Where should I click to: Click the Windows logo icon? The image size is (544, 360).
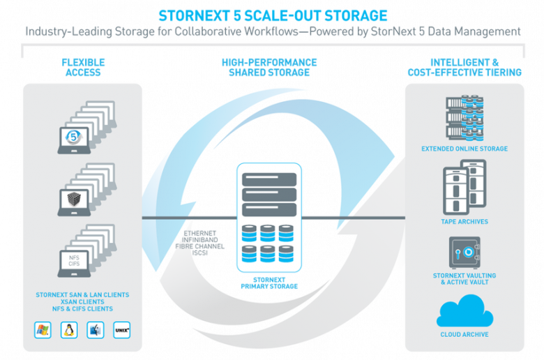[x=43, y=330]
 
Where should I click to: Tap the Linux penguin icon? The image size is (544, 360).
[x=69, y=330]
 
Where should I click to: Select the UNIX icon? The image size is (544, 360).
[x=122, y=330]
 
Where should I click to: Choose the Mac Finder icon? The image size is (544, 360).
[x=96, y=330]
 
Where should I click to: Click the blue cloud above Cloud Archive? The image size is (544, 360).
[x=464, y=311]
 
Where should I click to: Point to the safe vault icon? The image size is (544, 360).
[x=465, y=253]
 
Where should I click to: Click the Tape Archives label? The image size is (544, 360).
[x=464, y=221]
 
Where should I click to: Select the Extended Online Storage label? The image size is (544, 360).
[x=464, y=149]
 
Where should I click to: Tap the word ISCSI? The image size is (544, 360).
[x=200, y=253]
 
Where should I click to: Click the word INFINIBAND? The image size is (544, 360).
[x=200, y=240]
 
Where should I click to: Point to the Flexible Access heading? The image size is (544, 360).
[x=83, y=68]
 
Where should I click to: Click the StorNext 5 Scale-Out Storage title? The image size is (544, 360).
[x=273, y=15]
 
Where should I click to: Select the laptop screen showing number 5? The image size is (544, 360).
[x=73, y=137]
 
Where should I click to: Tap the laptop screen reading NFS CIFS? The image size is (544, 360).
[x=74, y=260]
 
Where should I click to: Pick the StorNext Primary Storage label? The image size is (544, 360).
[x=269, y=283]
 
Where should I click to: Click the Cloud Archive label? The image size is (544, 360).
[x=464, y=334]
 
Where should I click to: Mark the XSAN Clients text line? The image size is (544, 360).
[x=82, y=301]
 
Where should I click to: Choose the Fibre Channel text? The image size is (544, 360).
[x=200, y=246]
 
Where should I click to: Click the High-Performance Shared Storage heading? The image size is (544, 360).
[x=269, y=68]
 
